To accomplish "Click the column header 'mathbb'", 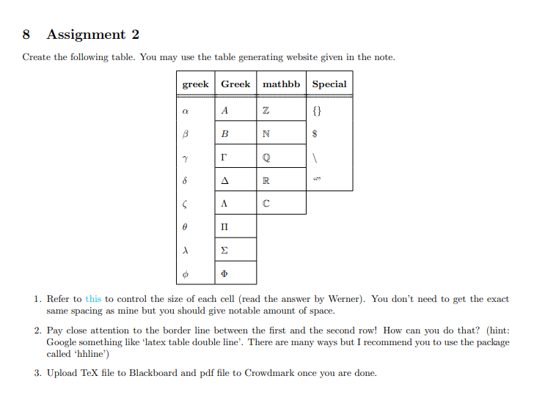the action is tap(282, 84).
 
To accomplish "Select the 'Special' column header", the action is tap(329, 84).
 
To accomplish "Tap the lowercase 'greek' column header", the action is tap(196, 84).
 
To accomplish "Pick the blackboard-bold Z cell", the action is tap(266, 111).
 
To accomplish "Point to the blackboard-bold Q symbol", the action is tap(266, 157).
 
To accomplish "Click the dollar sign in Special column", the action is tap(315, 134).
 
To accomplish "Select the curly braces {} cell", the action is tap(316, 111).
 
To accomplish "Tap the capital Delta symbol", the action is tap(224, 180).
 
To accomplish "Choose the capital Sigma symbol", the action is tap(224, 250).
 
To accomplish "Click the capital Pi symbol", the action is tap(224, 226).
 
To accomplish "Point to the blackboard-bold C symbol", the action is tap(266, 204).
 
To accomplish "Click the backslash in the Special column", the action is tap(315, 157).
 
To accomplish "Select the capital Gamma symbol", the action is tap(224, 157).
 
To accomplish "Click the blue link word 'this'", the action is tap(93, 299).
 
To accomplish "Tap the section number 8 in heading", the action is tap(26, 34).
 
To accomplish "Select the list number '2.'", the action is tap(38, 331).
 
